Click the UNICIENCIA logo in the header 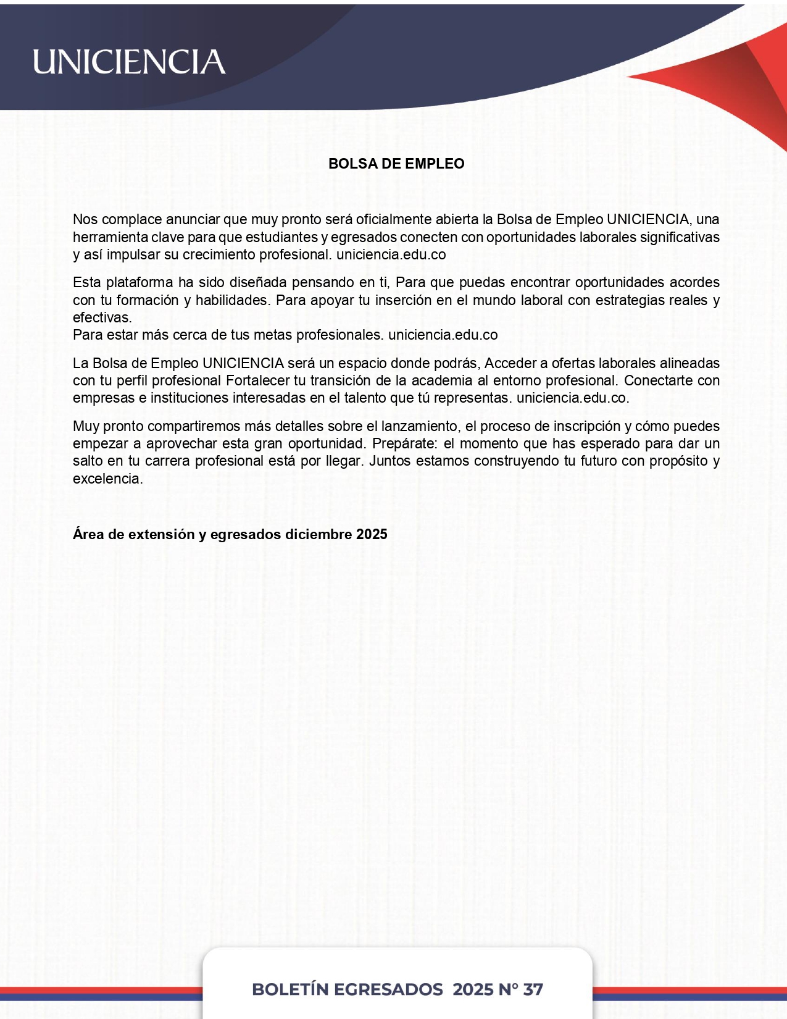coord(129,62)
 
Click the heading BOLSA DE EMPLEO coord(396,164)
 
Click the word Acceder coord(510,363)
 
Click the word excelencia coord(107,479)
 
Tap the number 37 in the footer coord(533,989)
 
